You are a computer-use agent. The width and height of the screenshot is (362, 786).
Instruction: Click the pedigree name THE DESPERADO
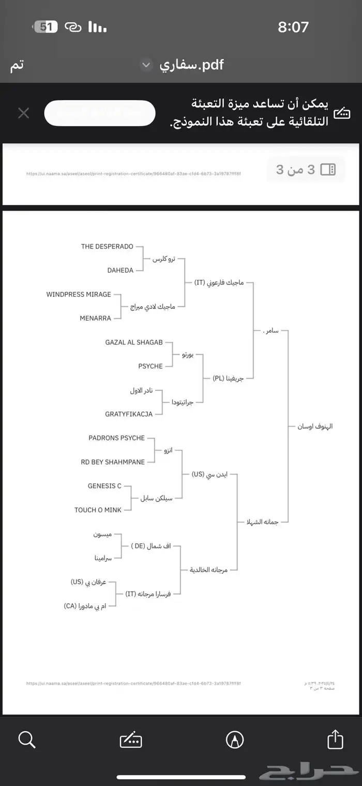(107, 246)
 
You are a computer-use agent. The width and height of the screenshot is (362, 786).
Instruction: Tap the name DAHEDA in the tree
(120, 270)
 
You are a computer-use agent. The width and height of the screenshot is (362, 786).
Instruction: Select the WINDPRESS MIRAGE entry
(79, 294)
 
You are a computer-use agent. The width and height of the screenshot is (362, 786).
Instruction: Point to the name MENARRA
(95, 318)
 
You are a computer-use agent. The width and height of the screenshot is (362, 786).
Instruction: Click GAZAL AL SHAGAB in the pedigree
(134, 342)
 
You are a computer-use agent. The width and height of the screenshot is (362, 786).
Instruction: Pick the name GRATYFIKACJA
(129, 414)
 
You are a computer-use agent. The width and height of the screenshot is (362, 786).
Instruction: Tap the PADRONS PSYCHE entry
(117, 438)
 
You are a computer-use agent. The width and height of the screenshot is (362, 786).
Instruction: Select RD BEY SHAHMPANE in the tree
(113, 462)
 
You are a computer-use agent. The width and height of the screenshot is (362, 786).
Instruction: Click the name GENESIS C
(104, 486)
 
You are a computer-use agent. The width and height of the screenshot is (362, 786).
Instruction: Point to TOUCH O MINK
(98, 510)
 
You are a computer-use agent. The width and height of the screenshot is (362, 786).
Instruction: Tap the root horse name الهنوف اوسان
(314, 427)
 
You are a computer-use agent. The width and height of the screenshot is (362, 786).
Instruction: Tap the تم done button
(17, 66)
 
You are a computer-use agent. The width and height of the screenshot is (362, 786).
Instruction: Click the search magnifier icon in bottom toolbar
(26, 740)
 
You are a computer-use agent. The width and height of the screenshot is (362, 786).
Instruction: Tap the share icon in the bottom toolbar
(335, 740)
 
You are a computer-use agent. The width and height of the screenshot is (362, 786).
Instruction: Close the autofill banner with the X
(23, 113)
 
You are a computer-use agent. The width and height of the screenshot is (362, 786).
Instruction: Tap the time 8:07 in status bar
(293, 27)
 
